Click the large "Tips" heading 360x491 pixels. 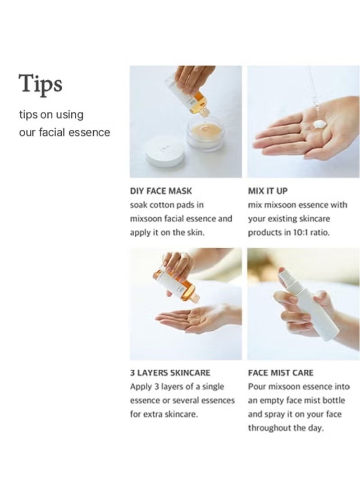tap(40, 84)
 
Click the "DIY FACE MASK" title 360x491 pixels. tap(160, 191)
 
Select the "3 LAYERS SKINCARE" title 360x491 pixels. tap(170, 373)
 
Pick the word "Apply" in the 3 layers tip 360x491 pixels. tap(141, 387)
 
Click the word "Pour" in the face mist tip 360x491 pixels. tap(257, 387)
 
